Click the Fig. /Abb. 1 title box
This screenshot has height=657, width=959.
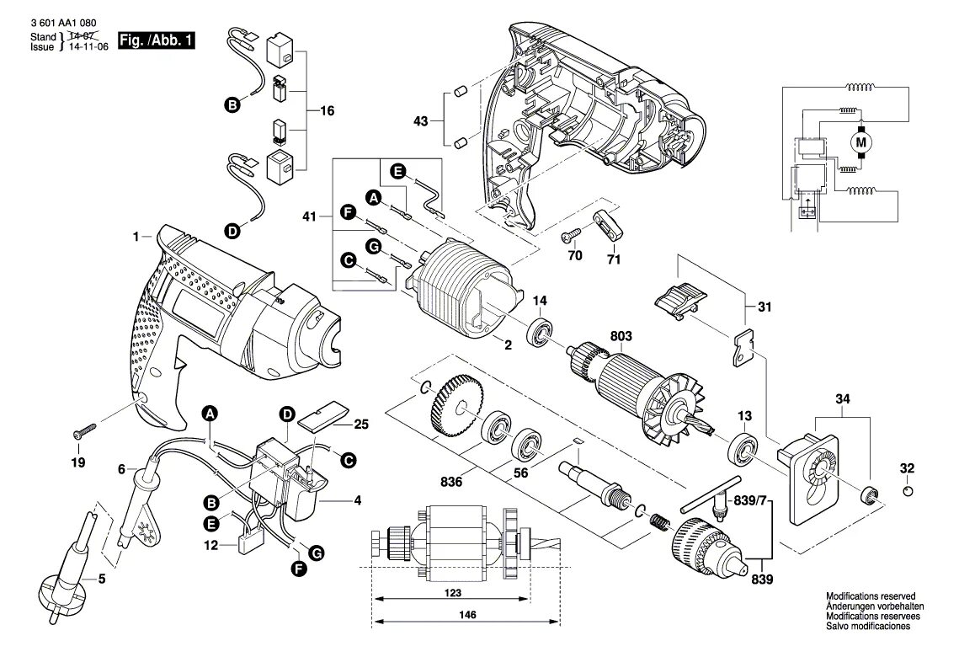point(157,41)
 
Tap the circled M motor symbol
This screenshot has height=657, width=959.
point(860,142)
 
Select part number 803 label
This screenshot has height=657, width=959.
point(621,337)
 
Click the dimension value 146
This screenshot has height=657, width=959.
point(469,616)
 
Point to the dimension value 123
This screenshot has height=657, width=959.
point(453,594)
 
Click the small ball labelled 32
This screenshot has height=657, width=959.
point(907,492)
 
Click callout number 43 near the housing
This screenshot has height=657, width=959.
point(420,120)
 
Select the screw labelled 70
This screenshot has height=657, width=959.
point(571,232)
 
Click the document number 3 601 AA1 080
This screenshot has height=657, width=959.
point(62,24)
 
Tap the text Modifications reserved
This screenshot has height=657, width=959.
point(870,596)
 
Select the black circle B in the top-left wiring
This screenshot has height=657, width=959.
point(232,105)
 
